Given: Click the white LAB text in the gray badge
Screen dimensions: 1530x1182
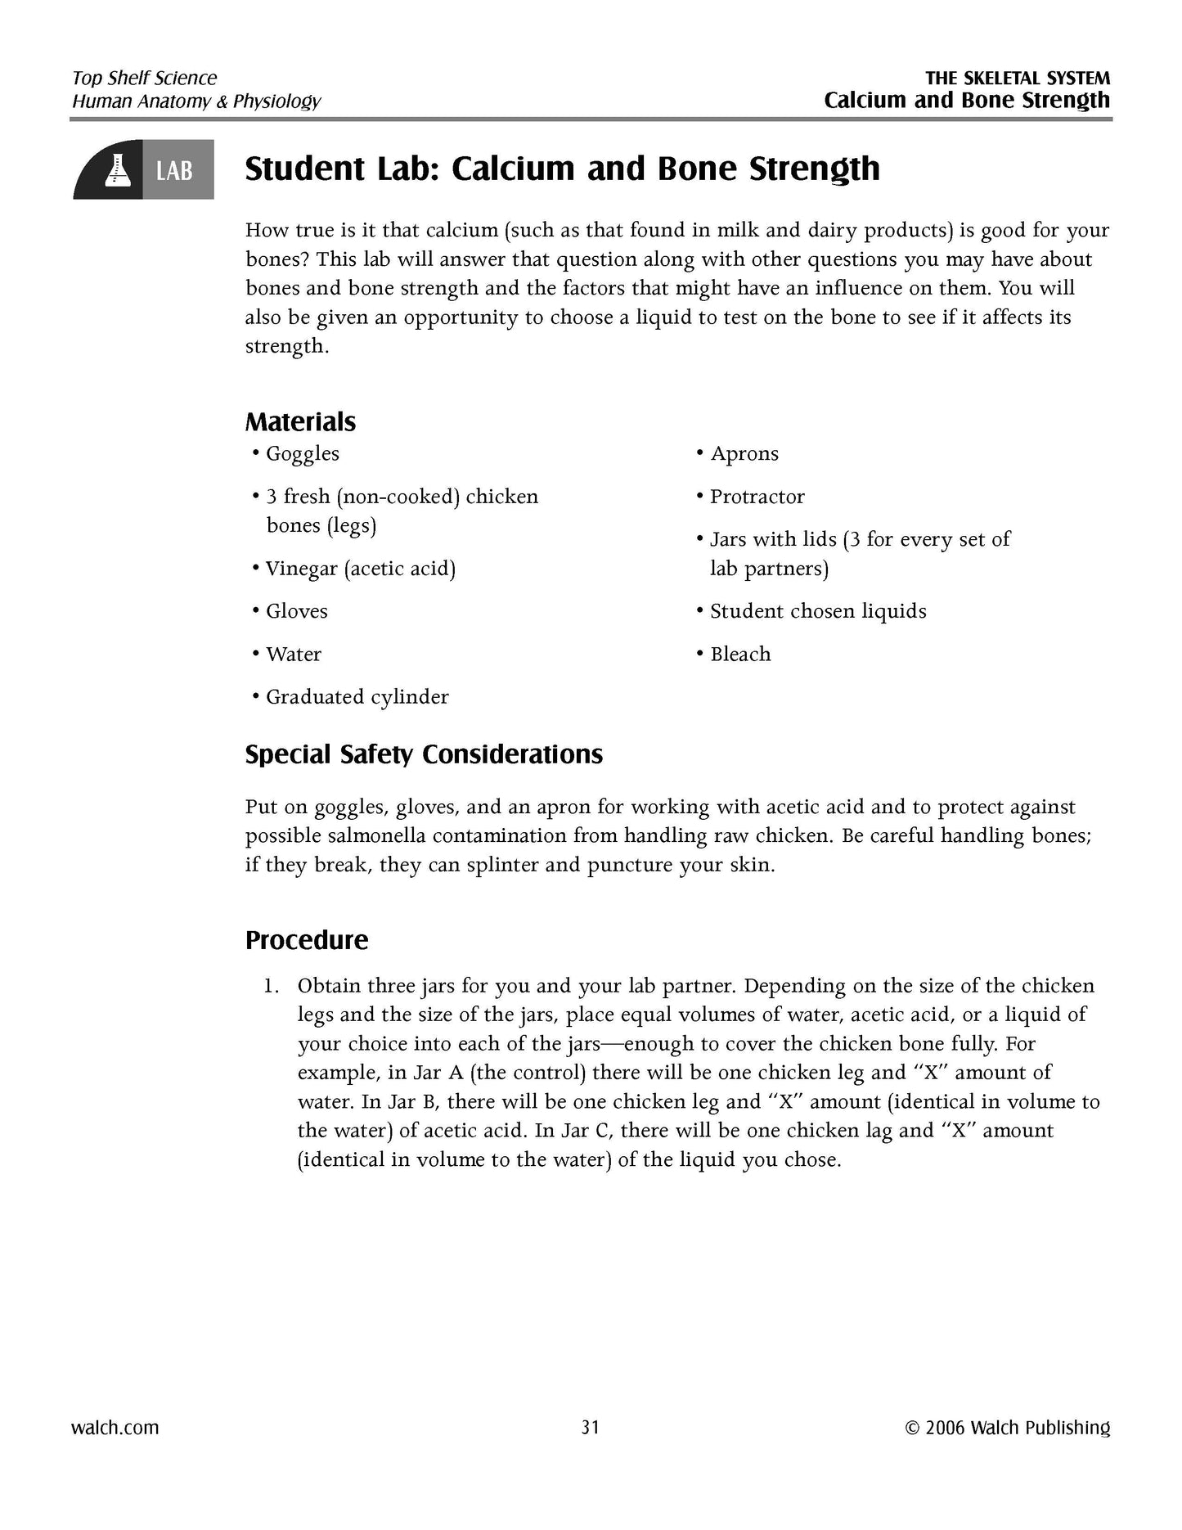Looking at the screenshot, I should (x=174, y=170).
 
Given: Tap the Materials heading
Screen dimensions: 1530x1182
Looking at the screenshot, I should (x=300, y=422).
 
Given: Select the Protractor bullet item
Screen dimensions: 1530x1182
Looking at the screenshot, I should (x=757, y=497).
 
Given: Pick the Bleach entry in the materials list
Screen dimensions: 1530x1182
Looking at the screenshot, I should (x=739, y=654).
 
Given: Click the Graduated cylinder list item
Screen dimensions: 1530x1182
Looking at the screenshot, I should (x=357, y=697).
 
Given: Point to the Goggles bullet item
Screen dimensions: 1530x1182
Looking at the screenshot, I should (x=302, y=454).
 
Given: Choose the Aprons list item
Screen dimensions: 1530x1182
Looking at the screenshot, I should (x=744, y=453).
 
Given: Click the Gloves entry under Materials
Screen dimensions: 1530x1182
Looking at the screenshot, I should (x=296, y=611).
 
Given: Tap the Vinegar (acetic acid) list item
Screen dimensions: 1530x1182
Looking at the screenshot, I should (x=360, y=569).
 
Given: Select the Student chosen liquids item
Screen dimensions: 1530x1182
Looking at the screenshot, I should (x=817, y=611).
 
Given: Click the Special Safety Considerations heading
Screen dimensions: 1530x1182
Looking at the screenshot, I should (x=424, y=754).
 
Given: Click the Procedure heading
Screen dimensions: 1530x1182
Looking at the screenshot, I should (x=307, y=940).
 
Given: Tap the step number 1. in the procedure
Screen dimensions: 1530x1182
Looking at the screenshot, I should (x=272, y=986).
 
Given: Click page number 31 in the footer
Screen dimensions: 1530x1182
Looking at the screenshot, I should (x=591, y=1428).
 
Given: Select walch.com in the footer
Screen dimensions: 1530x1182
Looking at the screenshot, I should (x=115, y=1428).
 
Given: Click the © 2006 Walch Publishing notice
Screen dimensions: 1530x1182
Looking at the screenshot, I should (x=1008, y=1428).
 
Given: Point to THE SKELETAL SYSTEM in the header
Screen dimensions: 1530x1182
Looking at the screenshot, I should (x=1018, y=79).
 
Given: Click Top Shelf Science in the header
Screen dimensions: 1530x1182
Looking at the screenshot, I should (x=145, y=79).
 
